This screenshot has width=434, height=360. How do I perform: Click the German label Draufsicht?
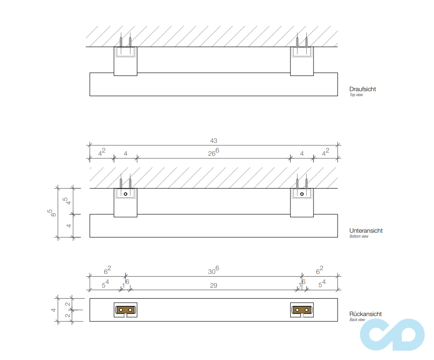click(x=362, y=89)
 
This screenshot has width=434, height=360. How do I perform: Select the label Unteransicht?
click(x=366, y=231)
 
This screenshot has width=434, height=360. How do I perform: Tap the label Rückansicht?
click(x=365, y=314)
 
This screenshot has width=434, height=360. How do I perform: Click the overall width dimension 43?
click(x=213, y=141)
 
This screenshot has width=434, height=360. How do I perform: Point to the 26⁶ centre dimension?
click(x=213, y=153)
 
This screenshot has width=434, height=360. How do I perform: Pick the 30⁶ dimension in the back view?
click(x=213, y=270)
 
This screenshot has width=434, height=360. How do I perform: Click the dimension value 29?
click(x=213, y=285)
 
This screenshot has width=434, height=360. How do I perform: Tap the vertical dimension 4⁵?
click(x=67, y=201)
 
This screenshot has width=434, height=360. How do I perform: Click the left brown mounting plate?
click(x=125, y=310)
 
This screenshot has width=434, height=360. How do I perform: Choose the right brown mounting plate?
click(x=302, y=310)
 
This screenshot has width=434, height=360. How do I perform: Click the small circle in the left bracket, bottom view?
click(x=125, y=194)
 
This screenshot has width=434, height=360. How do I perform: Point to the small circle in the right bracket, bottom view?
click(x=302, y=194)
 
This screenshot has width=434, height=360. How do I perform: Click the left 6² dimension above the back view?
click(x=108, y=270)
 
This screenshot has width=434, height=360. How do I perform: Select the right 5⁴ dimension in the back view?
click(x=322, y=284)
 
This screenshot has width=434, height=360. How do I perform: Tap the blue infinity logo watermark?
click(x=392, y=334)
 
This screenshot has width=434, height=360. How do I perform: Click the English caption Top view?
click(x=356, y=95)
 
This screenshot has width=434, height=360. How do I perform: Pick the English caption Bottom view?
click(x=359, y=236)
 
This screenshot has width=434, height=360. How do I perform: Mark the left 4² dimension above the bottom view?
click(x=102, y=153)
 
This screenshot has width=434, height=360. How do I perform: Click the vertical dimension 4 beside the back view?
click(x=53, y=310)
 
